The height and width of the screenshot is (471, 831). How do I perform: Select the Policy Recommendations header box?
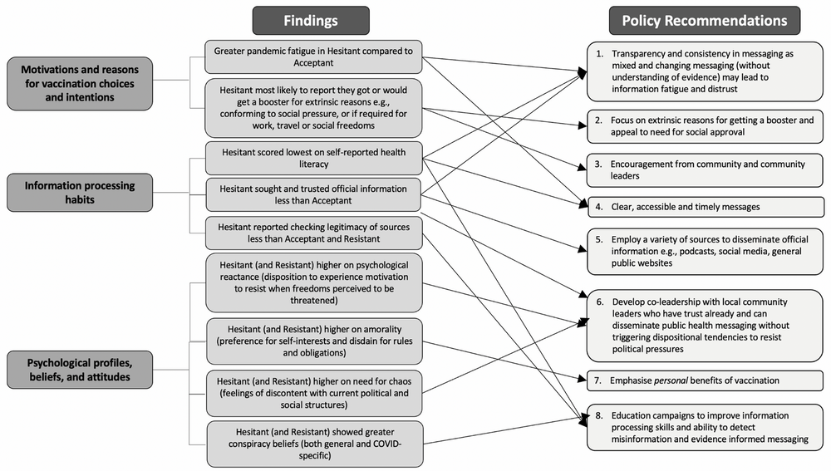coord(704,20)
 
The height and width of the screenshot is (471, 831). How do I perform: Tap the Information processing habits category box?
coord(70,193)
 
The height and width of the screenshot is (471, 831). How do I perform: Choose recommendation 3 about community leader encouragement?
coord(704,169)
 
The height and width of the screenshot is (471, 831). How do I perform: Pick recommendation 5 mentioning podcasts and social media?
coord(704,250)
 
